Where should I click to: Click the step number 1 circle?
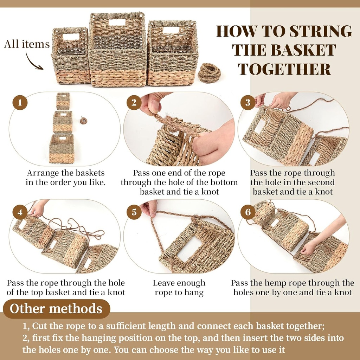point(20,103)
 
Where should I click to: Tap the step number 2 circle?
point(134,103)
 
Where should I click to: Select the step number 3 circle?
point(248,103)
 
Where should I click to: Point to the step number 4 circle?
point(20,212)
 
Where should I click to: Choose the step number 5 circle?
point(134,212)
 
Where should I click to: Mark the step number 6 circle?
point(248,212)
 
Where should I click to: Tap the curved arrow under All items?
point(34,62)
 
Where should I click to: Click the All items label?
point(27,44)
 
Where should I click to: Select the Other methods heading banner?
point(56,309)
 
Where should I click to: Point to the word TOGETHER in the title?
point(284,69)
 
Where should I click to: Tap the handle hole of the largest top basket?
point(117,22)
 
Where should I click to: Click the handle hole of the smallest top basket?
point(71,37)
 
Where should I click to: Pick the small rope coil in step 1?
point(83,120)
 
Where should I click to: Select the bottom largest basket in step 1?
point(62,149)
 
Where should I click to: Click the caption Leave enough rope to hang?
point(179,288)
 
